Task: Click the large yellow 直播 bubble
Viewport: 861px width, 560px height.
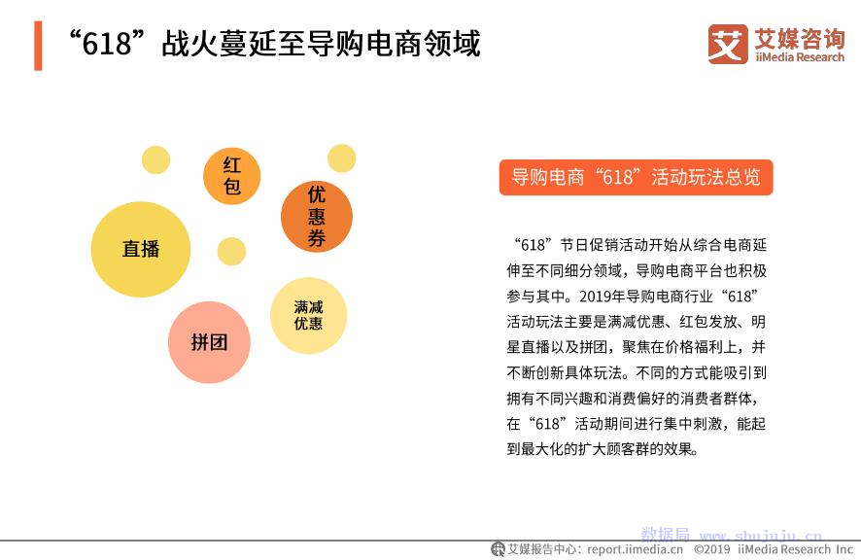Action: click(x=141, y=249)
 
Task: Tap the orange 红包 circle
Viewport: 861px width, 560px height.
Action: click(x=231, y=176)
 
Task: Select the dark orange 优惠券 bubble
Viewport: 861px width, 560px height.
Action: click(x=316, y=217)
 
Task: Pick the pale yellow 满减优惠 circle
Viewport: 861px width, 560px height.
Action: click(x=309, y=315)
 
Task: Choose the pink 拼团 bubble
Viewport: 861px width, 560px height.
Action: click(x=209, y=342)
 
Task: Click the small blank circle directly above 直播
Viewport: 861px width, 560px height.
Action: click(x=155, y=159)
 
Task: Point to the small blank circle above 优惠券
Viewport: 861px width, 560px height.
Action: click(x=341, y=158)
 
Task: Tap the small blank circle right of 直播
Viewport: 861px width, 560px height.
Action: click(x=231, y=252)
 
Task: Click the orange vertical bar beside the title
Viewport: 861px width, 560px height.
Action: click(x=38, y=46)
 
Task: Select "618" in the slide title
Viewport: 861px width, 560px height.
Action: click(x=108, y=44)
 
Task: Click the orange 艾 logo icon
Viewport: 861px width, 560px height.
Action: click(x=728, y=44)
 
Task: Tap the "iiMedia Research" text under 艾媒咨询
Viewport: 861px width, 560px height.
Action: click(x=800, y=57)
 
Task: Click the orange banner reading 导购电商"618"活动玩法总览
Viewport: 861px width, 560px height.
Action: click(x=636, y=178)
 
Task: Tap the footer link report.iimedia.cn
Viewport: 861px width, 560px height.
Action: click(x=636, y=549)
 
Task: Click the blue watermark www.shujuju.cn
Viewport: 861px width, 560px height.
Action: click(x=761, y=536)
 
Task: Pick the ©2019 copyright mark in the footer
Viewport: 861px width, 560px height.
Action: click(x=712, y=549)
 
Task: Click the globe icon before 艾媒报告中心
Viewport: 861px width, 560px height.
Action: click(x=498, y=549)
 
